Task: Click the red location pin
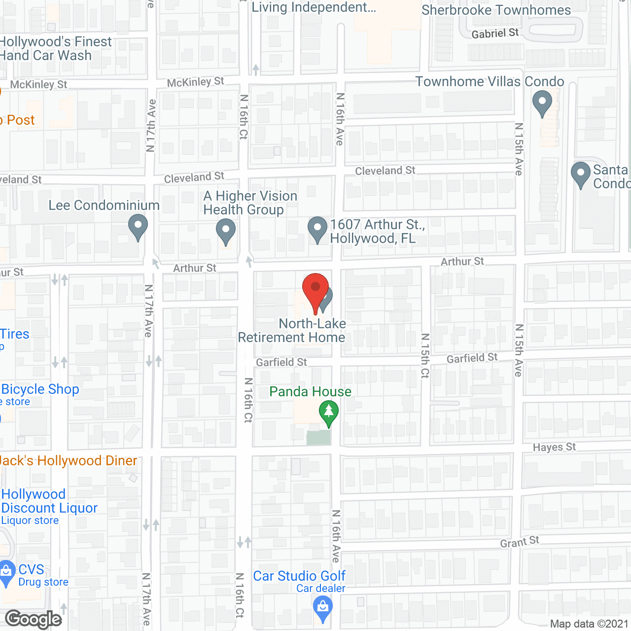point(315,291)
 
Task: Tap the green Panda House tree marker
point(329,413)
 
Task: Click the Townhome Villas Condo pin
point(542,103)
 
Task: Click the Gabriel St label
point(495,34)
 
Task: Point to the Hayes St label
point(554,447)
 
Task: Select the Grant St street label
point(520,542)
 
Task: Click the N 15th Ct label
point(425,355)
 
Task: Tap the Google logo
point(34,619)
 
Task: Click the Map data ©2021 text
point(589,624)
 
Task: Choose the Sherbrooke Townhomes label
point(496,10)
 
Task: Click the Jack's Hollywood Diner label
point(69,460)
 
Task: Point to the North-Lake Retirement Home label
point(292,330)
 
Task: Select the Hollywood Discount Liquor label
point(49,501)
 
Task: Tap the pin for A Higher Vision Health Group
point(226,232)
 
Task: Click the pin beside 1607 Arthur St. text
point(317,229)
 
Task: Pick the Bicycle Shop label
point(40,389)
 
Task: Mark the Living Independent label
point(314,7)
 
